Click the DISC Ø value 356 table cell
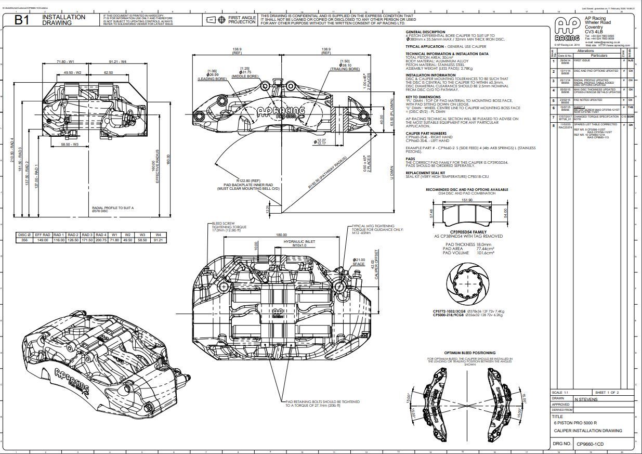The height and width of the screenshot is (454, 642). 23,240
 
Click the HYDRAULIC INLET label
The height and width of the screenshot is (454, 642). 298,241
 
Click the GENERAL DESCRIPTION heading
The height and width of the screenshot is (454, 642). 425,32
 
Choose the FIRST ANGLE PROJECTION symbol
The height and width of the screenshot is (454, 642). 211,20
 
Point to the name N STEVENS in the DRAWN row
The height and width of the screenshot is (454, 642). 586,399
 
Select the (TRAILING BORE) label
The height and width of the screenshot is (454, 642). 345,69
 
